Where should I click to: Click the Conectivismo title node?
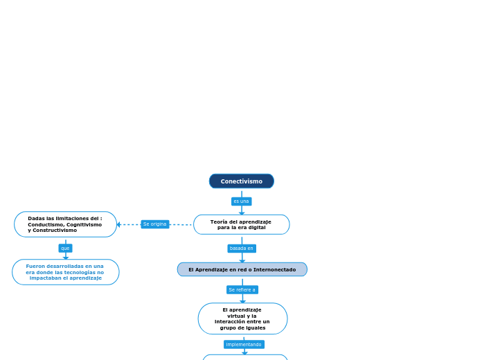241,181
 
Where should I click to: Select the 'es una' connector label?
241,201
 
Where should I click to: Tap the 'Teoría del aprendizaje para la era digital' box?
241,224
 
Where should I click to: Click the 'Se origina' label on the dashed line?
154,224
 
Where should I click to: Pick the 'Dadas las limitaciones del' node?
65,224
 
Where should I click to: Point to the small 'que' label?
65,248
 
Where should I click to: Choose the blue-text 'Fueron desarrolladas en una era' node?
65,272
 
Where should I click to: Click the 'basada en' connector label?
242,248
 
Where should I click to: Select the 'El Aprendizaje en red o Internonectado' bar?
242,269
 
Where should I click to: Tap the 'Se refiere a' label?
242,289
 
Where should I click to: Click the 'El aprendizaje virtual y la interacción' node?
242,318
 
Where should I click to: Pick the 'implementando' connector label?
244,344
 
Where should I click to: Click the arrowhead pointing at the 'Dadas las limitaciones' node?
119,224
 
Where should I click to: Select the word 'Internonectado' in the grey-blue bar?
275,269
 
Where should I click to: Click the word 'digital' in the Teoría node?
255,227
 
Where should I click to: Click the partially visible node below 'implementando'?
245,357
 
